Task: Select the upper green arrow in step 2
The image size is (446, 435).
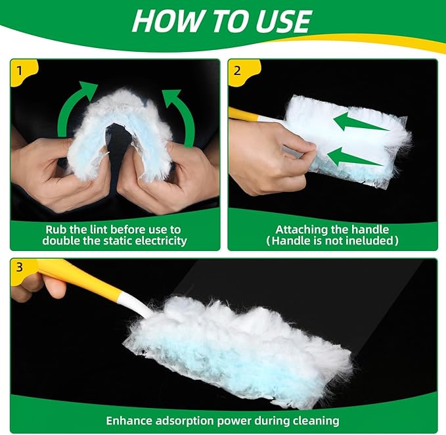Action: point(358,122)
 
